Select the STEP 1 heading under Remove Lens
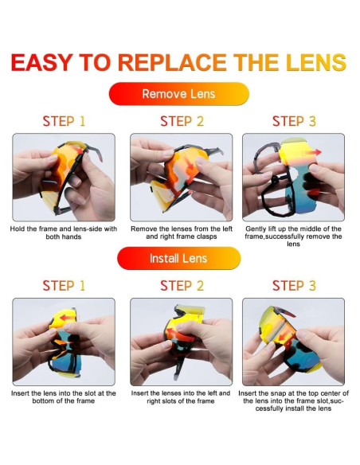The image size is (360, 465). [x=64, y=121]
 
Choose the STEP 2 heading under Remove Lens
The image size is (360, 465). [x=181, y=121]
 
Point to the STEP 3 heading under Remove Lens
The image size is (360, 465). [x=293, y=121]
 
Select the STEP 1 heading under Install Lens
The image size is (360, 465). [x=64, y=285]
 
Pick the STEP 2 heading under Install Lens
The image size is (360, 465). [x=181, y=285]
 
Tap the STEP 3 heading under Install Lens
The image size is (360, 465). [x=293, y=285]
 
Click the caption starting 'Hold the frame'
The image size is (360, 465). [x=64, y=232]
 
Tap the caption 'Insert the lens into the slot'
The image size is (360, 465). [x=64, y=397]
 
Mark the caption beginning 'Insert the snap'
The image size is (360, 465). [x=293, y=401]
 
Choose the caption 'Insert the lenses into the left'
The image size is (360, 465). [x=181, y=397]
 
